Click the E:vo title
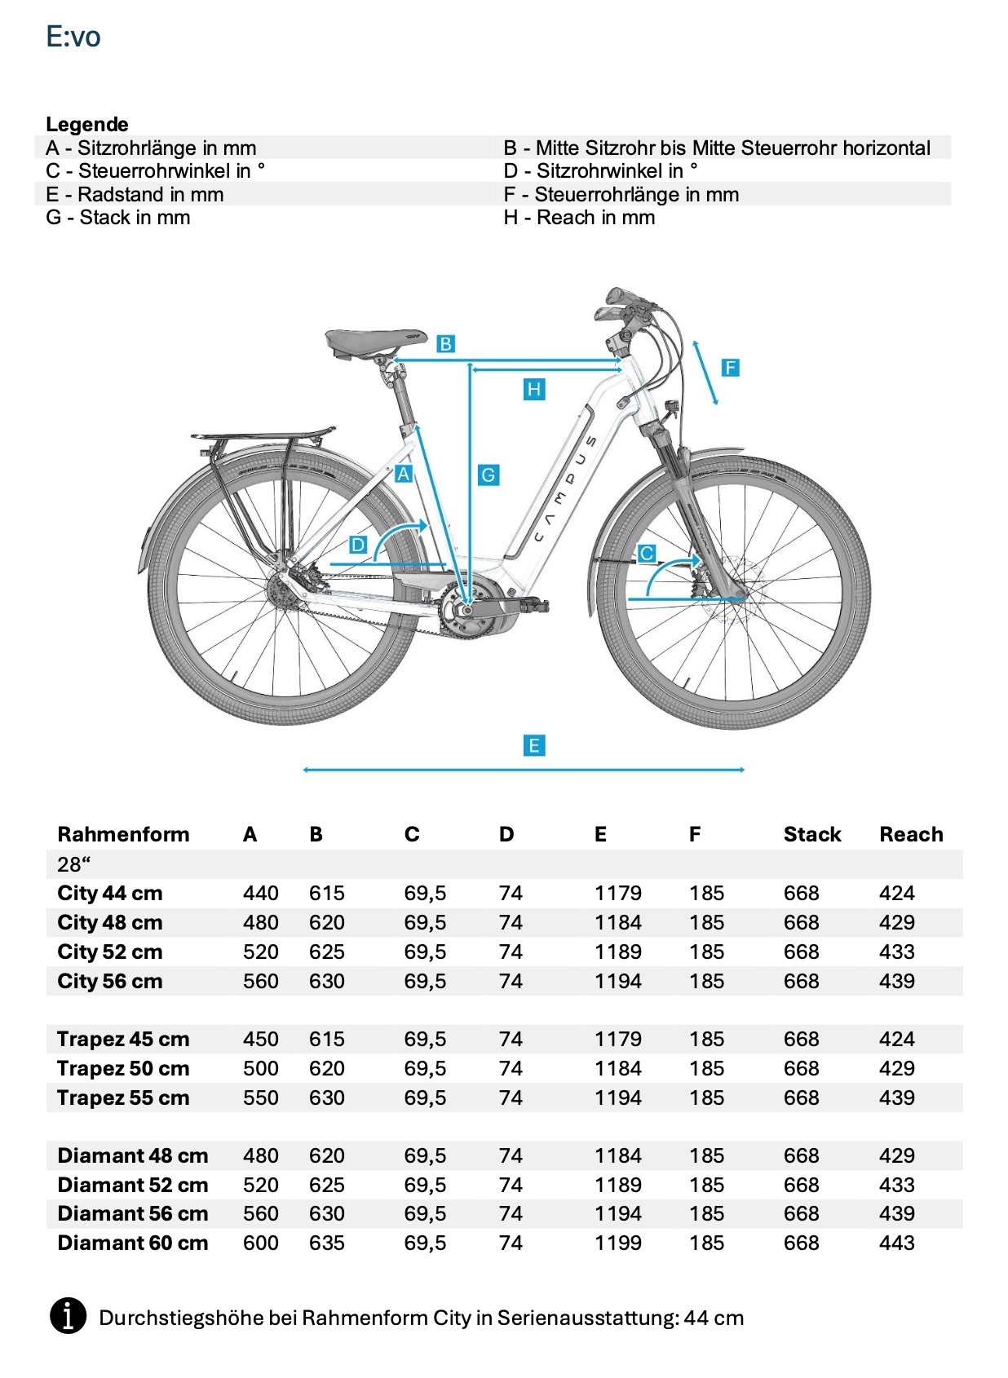tap(73, 38)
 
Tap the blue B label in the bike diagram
tap(445, 344)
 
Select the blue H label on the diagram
tap(533, 390)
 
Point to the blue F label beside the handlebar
tap(730, 368)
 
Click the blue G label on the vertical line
tap(488, 475)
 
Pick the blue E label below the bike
tap(533, 745)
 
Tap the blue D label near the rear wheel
tap(358, 545)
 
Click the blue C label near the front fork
tap(647, 554)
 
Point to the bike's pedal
tap(533, 605)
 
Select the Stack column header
tap(811, 834)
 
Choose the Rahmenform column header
tap(123, 834)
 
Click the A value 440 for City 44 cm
tap(260, 894)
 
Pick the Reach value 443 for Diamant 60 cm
tap(896, 1243)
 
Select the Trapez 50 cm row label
tap(123, 1069)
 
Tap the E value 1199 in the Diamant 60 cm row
tap(617, 1243)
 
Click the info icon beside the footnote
tap(69, 1316)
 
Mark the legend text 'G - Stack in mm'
tap(118, 218)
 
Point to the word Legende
tap(87, 125)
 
